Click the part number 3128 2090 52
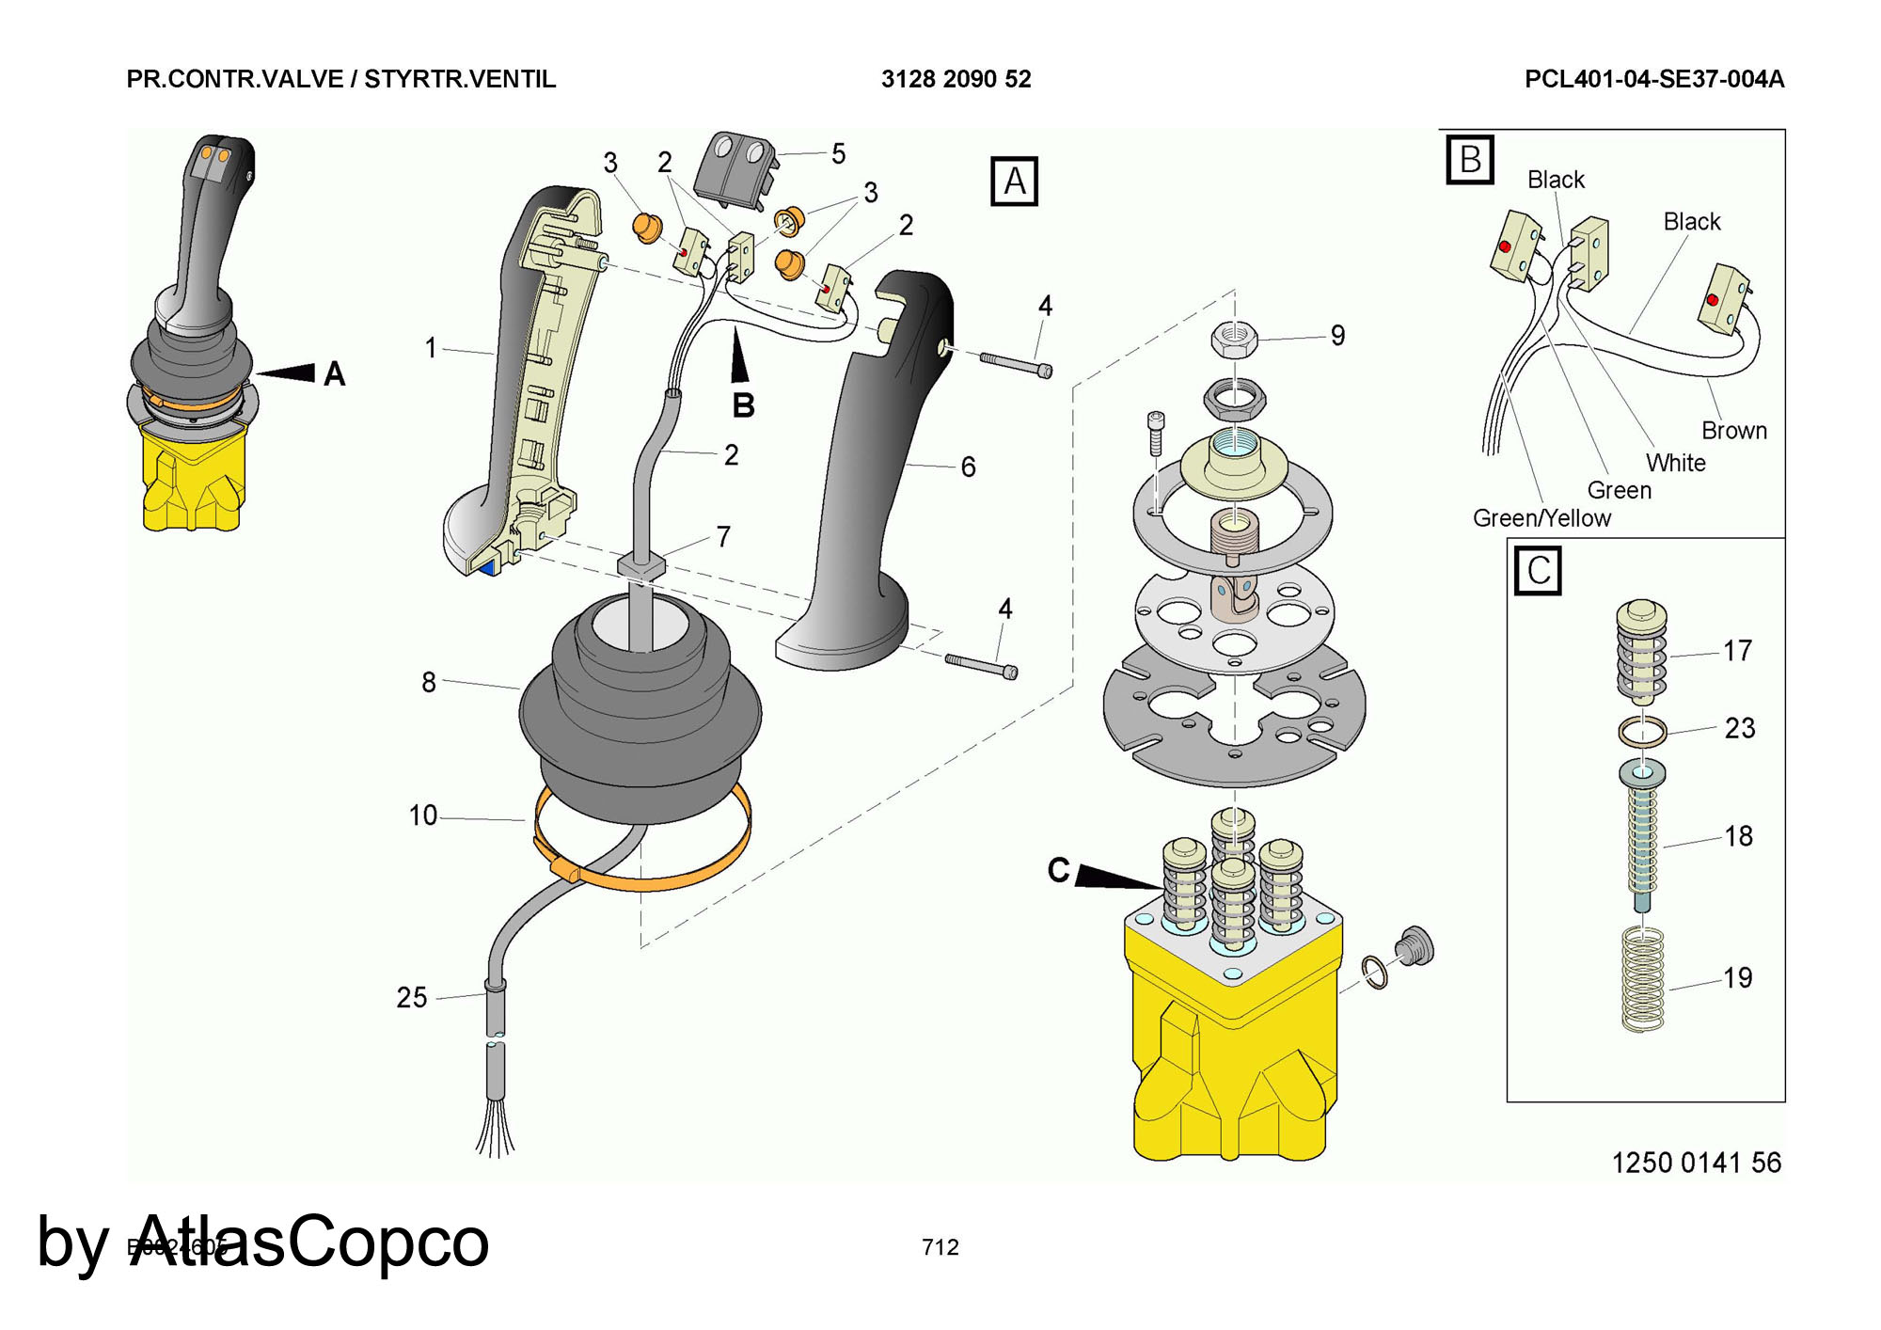point(956,79)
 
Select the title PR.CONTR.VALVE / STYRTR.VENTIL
point(340,79)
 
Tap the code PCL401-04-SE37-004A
point(1654,79)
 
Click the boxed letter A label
point(1014,181)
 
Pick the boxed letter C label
point(1538,570)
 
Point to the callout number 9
point(1337,336)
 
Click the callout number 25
point(412,997)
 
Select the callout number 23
point(1739,727)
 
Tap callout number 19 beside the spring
point(1737,977)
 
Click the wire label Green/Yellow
point(1541,518)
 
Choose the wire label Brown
point(1734,431)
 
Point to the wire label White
point(1675,463)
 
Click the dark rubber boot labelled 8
point(640,715)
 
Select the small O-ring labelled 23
point(1642,731)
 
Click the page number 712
point(940,1247)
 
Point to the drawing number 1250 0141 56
point(1696,1164)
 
